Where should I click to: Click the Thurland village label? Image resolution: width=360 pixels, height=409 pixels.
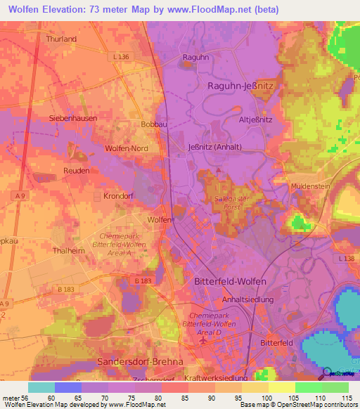(x=61, y=39)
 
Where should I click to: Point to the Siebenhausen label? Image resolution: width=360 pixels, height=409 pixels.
(x=73, y=118)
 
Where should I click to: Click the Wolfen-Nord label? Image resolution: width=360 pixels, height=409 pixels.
(x=127, y=149)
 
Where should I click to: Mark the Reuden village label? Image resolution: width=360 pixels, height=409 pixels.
(x=77, y=171)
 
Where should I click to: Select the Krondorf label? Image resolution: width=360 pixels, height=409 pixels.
(x=118, y=196)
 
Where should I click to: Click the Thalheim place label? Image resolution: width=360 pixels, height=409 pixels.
(x=68, y=249)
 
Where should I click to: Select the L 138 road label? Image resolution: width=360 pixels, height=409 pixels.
(x=346, y=259)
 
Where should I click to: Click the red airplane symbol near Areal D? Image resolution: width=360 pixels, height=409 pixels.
(x=203, y=341)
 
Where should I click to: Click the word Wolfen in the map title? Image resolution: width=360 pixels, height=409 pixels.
(x=25, y=10)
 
